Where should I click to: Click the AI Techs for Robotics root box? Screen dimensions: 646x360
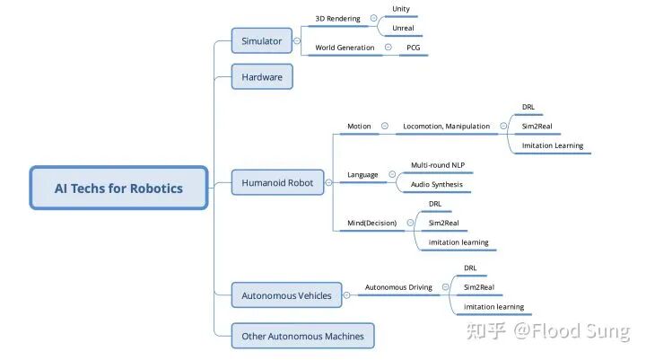pos(118,188)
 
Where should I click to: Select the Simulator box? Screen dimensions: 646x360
pos(262,40)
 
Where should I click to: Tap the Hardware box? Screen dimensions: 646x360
pos(262,76)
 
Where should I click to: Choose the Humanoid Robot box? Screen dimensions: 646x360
pos(277,182)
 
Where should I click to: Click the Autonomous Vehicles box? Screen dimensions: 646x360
pos(286,295)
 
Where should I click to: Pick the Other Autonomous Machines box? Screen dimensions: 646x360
pos(303,336)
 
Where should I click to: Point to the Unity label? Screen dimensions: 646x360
pos(401,9)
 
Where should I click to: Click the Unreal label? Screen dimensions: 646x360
pos(403,28)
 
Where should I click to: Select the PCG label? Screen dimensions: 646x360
pos(414,48)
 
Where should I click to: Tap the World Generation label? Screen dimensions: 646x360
pos(345,48)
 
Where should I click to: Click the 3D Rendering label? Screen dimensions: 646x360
pos(338,19)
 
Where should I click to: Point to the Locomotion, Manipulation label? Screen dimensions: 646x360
pos(447,127)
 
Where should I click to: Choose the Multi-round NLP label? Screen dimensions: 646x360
pos(438,165)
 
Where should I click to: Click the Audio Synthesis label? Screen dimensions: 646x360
pos(437,184)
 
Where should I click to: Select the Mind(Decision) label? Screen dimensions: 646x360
pos(372,223)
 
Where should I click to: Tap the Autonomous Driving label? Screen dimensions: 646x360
pos(398,287)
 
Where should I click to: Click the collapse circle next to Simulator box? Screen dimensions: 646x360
pos(297,40)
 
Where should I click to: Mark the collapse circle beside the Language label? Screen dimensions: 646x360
pos(392,174)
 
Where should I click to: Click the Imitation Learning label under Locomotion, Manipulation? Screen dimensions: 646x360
pos(553,145)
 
